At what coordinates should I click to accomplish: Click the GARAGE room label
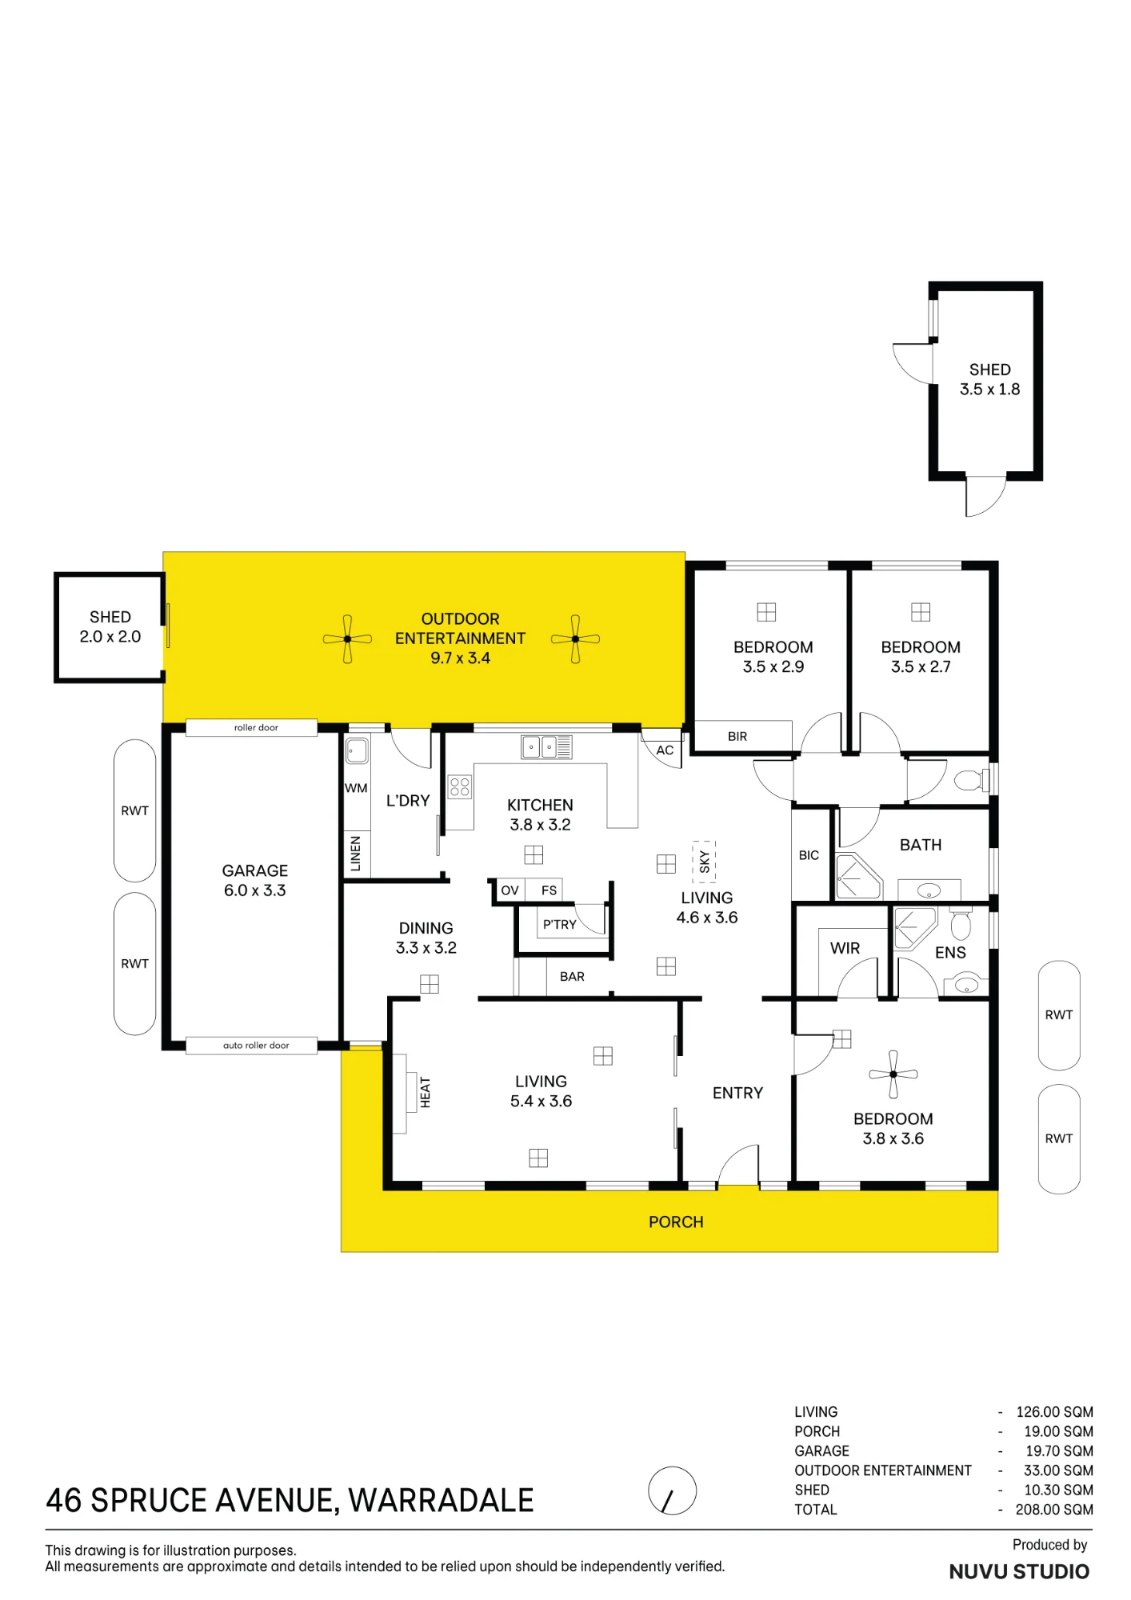[x=255, y=870]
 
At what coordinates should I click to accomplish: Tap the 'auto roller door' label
[x=256, y=1045]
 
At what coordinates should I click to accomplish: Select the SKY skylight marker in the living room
[x=704, y=862]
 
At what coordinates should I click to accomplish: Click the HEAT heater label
[x=425, y=1092]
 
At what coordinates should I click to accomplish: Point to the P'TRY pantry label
[x=560, y=924]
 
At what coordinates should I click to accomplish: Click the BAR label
[x=572, y=976]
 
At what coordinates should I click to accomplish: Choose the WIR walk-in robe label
[x=845, y=948]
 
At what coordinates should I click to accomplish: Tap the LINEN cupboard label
[x=356, y=853]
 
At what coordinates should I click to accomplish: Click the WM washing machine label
[x=356, y=788]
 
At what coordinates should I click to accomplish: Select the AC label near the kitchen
[x=665, y=750]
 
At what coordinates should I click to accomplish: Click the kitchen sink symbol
[x=546, y=746]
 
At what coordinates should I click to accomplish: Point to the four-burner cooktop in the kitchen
[x=459, y=786]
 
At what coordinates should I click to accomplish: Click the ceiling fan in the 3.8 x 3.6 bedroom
[x=893, y=1074]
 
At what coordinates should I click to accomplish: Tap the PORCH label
[x=676, y=1222]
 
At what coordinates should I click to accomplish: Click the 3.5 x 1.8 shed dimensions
[x=989, y=390]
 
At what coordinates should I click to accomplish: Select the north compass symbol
[x=672, y=1490]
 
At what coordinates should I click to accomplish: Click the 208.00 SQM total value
[x=1054, y=1510]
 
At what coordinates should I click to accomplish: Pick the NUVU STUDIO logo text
[x=1019, y=1572]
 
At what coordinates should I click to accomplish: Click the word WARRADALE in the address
[x=441, y=1501]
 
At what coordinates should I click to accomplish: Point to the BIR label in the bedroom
[x=737, y=736]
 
